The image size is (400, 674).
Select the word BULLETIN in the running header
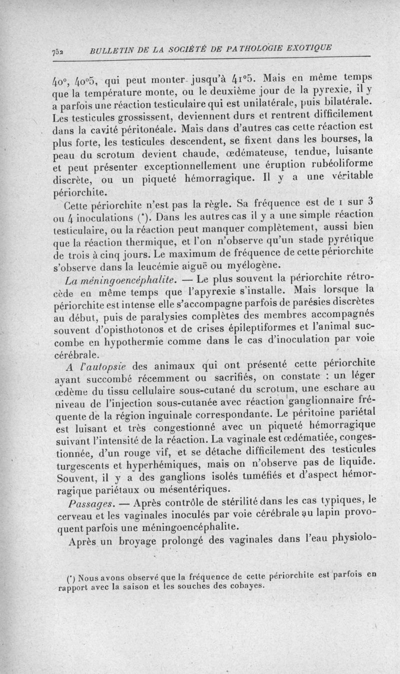(x=111, y=50)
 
